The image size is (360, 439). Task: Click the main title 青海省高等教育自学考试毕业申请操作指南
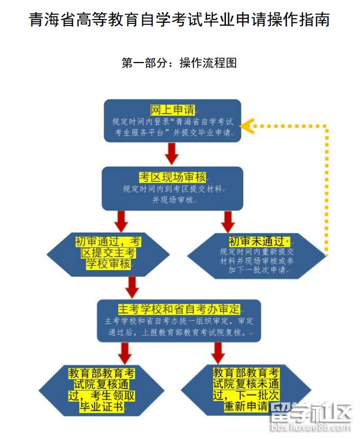coord(179,20)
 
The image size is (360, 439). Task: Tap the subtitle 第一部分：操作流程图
coord(179,63)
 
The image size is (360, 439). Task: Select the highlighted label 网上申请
coord(173,110)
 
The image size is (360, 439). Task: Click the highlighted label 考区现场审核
coord(173,178)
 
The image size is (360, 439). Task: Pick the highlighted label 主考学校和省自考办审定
coord(179,309)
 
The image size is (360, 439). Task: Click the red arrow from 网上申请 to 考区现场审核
coord(172,153)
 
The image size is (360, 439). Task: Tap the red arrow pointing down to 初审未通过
coord(228,221)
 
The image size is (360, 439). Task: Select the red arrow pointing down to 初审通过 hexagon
coord(121,221)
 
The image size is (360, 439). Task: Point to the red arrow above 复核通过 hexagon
coord(125,353)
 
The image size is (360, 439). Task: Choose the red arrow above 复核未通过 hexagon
coord(218,353)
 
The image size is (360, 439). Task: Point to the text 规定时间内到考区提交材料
coord(173,190)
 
